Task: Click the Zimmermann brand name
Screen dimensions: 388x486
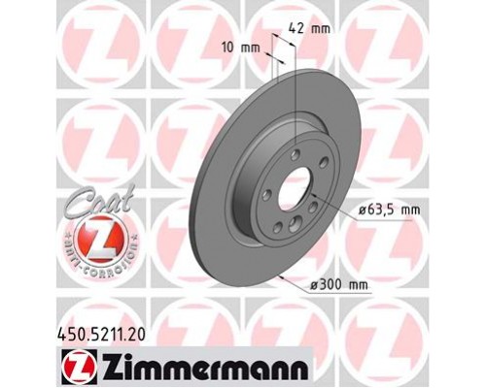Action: [x=200, y=370]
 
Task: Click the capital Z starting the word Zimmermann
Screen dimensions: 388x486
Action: [x=114, y=370]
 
